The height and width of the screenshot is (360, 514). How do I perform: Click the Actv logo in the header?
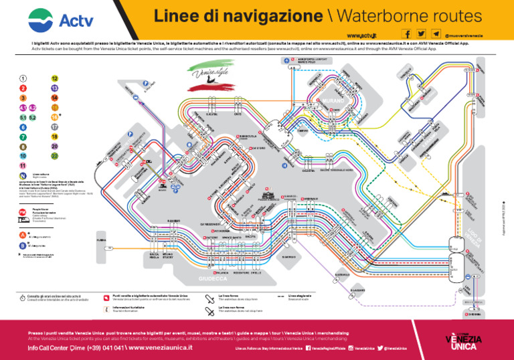click(61, 19)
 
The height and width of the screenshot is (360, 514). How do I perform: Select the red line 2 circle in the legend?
click(23, 88)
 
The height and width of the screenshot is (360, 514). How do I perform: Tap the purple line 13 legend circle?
click(54, 88)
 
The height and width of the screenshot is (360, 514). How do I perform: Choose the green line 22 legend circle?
click(54, 155)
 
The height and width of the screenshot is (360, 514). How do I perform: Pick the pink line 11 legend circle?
click(23, 165)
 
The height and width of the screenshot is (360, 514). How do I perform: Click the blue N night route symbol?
click(23, 176)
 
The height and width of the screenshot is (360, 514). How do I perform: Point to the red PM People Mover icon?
click(23, 212)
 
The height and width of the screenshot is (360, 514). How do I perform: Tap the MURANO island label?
click(332, 101)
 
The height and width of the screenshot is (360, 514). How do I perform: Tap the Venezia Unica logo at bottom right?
click(463, 342)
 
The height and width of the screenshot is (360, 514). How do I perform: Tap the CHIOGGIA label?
click(474, 313)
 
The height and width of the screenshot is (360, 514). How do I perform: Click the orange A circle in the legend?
click(23, 236)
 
